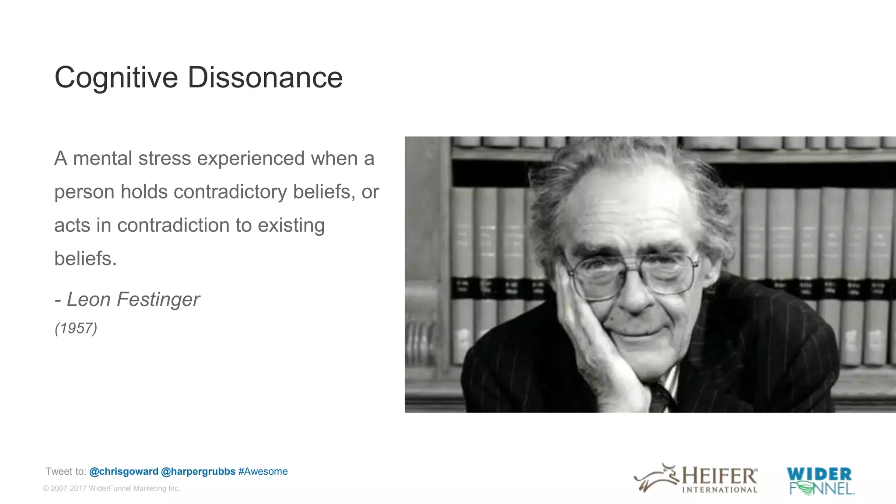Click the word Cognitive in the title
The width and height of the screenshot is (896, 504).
pyautogui.click(x=116, y=78)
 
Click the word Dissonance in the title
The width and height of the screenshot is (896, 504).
pyautogui.click(x=265, y=78)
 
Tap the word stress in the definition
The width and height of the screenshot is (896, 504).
pyautogui.click(x=164, y=158)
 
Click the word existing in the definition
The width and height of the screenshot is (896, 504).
pyautogui.click(x=291, y=226)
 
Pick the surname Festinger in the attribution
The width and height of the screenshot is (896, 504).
pyautogui.click(x=158, y=300)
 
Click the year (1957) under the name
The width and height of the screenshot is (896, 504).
pyautogui.click(x=76, y=328)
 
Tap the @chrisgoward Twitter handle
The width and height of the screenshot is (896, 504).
pyautogui.click(x=123, y=472)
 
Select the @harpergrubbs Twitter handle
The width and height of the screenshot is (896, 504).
pyautogui.click(x=198, y=472)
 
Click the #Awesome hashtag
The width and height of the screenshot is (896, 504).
pyautogui.click(x=263, y=472)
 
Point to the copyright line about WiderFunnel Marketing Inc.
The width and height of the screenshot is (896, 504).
pyautogui.click(x=112, y=488)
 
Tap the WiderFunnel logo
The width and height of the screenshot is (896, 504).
pyautogui.click(x=820, y=481)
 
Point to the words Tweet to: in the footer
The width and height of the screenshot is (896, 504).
pyautogui.click(x=66, y=472)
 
